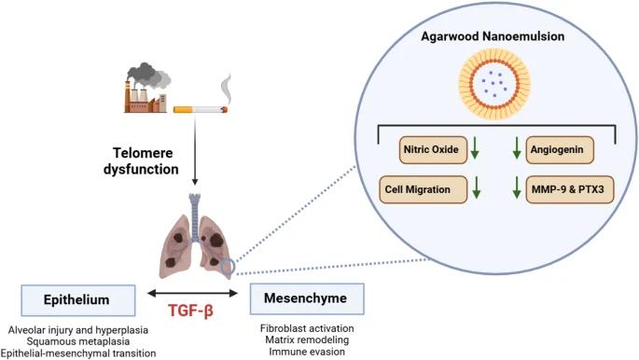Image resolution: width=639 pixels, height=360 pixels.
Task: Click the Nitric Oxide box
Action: pos(433,150)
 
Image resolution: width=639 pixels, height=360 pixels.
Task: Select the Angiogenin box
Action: pos(560,150)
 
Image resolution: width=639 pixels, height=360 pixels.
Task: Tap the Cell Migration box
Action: pos(423,189)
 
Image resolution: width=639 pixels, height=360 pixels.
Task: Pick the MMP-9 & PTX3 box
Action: pos(570,189)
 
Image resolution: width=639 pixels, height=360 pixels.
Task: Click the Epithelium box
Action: pos(78,300)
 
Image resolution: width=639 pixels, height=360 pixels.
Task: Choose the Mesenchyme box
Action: pos(307,298)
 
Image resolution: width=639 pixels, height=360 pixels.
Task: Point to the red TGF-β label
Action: pos(190,312)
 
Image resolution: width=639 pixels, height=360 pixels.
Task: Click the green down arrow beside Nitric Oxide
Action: pos(475,148)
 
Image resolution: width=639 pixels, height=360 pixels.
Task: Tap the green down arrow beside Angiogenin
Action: pos(517,148)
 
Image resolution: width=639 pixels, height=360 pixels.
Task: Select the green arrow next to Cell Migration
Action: pos(476,187)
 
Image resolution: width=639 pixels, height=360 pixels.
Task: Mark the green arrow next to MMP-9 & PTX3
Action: pos(517,187)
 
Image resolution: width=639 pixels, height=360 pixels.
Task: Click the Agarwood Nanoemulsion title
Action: pos(493,36)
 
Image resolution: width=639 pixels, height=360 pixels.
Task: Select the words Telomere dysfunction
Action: pos(142,160)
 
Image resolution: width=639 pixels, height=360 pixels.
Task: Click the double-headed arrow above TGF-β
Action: pos(193,293)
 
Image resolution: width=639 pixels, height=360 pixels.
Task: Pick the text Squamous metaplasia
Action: pos(78,341)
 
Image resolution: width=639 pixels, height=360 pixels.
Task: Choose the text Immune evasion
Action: pos(307,352)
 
